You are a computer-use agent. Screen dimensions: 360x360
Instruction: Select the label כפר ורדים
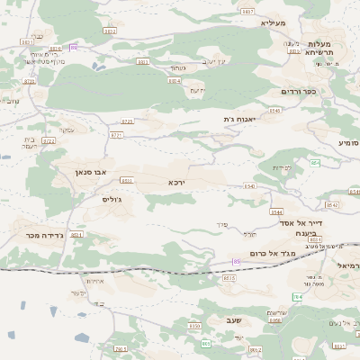pyautogui.click(x=300, y=91)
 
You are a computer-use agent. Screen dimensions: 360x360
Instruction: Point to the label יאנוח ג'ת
pyautogui.click(x=240, y=118)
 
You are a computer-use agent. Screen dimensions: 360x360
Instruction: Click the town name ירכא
pyautogui.click(x=176, y=182)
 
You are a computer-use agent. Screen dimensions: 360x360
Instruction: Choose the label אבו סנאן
pyautogui.click(x=90, y=169)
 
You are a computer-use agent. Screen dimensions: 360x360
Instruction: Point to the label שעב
pyautogui.click(x=260, y=320)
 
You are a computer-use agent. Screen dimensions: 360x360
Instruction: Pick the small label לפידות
pyautogui.click(x=283, y=168)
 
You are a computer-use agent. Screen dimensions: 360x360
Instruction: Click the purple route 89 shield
pyautogui.click(x=74, y=47)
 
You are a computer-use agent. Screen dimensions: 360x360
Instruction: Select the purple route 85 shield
pyautogui.click(x=236, y=262)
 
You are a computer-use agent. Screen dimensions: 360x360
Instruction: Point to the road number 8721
pyautogui.click(x=116, y=135)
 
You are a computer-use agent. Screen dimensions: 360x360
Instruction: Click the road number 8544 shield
pyautogui.click(x=276, y=212)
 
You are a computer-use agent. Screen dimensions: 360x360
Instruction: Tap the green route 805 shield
pyautogui.click(x=206, y=343)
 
